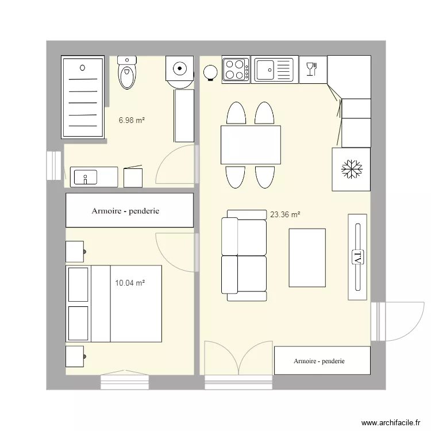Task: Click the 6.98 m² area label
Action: point(132,121)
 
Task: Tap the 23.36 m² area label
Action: point(285,215)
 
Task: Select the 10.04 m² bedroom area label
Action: point(129,283)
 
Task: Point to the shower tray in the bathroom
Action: point(83,97)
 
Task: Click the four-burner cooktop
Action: point(236,70)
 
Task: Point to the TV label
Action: point(357,256)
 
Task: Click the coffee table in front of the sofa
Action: point(307,257)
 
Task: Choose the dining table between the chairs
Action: point(251,145)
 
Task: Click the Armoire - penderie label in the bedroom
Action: point(125,211)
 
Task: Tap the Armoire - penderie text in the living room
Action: point(319,361)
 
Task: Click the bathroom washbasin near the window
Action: point(85,177)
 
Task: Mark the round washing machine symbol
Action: point(180,70)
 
